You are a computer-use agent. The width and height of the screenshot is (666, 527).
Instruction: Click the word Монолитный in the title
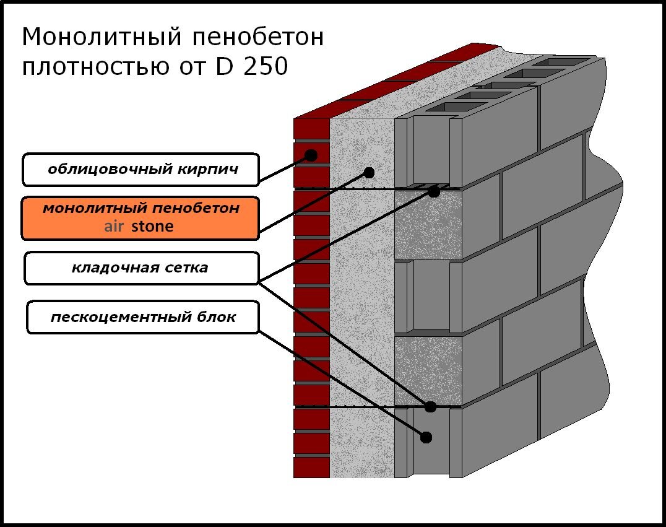(x=102, y=38)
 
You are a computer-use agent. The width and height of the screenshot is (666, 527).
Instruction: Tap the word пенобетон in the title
(x=258, y=37)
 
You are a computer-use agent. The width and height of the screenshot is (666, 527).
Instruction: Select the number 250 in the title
(x=266, y=67)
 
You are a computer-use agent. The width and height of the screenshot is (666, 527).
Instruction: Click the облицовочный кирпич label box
(x=141, y=170)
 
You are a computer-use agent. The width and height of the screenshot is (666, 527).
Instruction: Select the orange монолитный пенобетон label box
(x=140, y=218)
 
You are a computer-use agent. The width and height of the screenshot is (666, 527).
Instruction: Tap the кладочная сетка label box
(x=141, y=268)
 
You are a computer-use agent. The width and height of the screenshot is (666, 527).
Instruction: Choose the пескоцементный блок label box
(x=143, y=317)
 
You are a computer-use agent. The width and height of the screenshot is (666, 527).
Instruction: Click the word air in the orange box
(x=114, y=226)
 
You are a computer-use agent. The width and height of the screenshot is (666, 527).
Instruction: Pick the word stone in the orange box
(x=152, y=226)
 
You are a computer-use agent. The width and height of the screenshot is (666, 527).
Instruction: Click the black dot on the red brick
(x=311, y=155)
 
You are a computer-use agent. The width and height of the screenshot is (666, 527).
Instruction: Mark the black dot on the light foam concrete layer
(x=369, y=173)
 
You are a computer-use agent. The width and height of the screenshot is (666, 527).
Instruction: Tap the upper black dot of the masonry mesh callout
(x=433, y=192)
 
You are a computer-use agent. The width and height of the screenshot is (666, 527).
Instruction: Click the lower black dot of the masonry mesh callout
(x=430, y=407)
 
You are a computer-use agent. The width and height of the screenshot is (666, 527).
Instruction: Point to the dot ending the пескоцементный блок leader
(x=426, y=437)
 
